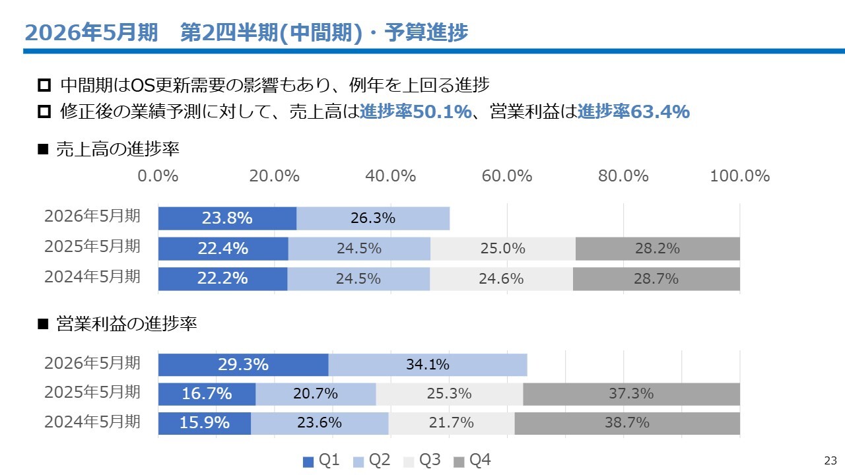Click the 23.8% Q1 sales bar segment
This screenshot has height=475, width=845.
coord(227,218)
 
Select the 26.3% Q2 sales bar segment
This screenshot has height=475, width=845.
coord(373,218)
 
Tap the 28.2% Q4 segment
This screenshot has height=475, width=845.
coord(658,249)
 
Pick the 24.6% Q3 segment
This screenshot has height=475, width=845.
coord(501,279)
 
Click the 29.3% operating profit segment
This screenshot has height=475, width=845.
coord(243,365)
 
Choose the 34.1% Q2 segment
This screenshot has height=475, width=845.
coord(428,365)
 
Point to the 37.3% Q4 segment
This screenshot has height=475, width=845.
coord(631,394)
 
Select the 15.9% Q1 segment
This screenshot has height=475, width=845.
coord(205,423)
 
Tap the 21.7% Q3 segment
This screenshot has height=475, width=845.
coord(452,423)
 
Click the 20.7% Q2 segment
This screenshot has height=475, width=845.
coord(316,394)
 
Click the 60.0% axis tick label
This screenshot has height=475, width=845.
coord(507,176)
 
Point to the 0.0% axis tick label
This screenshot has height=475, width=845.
coord(158,176)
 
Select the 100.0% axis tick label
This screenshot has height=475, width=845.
coord(740,176)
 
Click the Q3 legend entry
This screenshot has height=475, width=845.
coord(422,460)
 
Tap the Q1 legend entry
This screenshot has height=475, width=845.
coord(321,460)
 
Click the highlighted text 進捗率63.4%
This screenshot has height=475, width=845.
coord(634,112)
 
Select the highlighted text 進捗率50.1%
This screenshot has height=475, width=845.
coord(416,112)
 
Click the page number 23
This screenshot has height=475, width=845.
coord(830,460)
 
